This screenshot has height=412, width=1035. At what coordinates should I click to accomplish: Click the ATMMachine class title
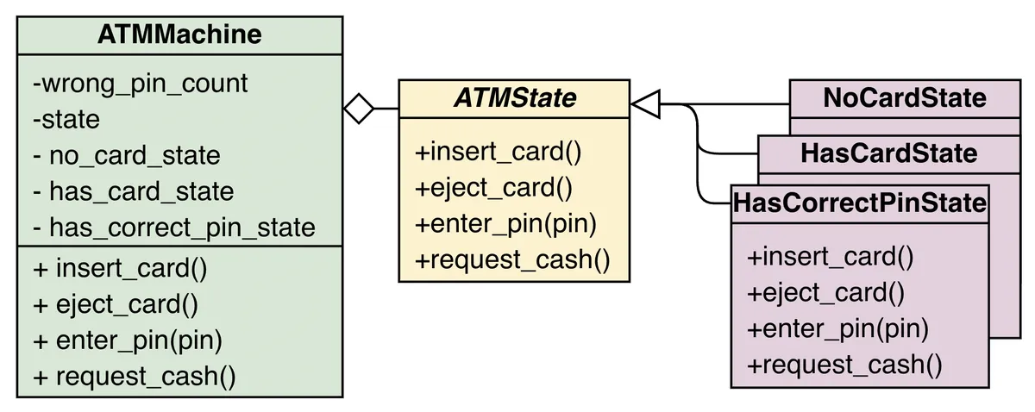(179, 34)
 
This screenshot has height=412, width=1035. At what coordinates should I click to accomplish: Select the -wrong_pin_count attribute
(141, 84)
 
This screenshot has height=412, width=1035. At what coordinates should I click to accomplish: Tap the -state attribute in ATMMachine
(66, 120)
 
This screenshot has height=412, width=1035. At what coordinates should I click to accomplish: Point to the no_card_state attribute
(127, 156)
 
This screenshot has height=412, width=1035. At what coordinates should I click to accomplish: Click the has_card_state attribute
(133, 191)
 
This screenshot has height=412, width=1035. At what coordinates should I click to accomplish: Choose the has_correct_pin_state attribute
(173, 228)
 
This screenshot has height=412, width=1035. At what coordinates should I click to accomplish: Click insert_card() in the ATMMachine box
(120, 268)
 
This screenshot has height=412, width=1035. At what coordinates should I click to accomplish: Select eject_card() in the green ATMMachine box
(116, 304)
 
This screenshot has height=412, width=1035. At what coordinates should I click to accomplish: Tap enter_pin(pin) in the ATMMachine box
(128, 340)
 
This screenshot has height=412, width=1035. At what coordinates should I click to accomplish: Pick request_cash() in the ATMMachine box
(134, 376)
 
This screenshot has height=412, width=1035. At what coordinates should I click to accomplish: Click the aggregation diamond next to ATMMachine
(359, 109)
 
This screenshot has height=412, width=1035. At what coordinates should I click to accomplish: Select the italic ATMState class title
(514, 98)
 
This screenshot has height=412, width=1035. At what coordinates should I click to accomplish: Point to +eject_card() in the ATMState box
(494, 188)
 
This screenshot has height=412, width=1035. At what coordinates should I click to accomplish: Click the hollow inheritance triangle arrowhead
(645, 105)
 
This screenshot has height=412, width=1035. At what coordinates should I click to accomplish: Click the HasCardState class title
(888, 153)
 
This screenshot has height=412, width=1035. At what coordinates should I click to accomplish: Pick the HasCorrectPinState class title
(859, 203)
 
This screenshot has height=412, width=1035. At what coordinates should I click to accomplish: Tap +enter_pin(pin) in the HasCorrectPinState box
(837, 328)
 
